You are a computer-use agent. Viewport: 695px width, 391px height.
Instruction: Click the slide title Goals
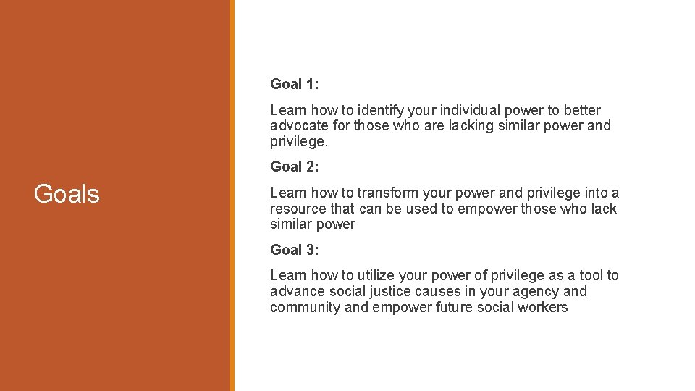[x=67, y=194]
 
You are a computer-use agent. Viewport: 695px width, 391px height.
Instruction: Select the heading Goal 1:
[x=294, y=84]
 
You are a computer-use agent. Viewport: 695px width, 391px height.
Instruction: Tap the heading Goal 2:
[x=294, y=167]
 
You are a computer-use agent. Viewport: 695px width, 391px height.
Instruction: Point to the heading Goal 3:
[x=294, y=250]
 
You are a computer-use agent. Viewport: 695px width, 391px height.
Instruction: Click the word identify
[x=381, y=110]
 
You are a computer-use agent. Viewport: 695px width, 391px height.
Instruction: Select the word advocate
[x=297, y=126]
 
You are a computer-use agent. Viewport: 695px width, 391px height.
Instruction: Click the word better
[x=583, y=110]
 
